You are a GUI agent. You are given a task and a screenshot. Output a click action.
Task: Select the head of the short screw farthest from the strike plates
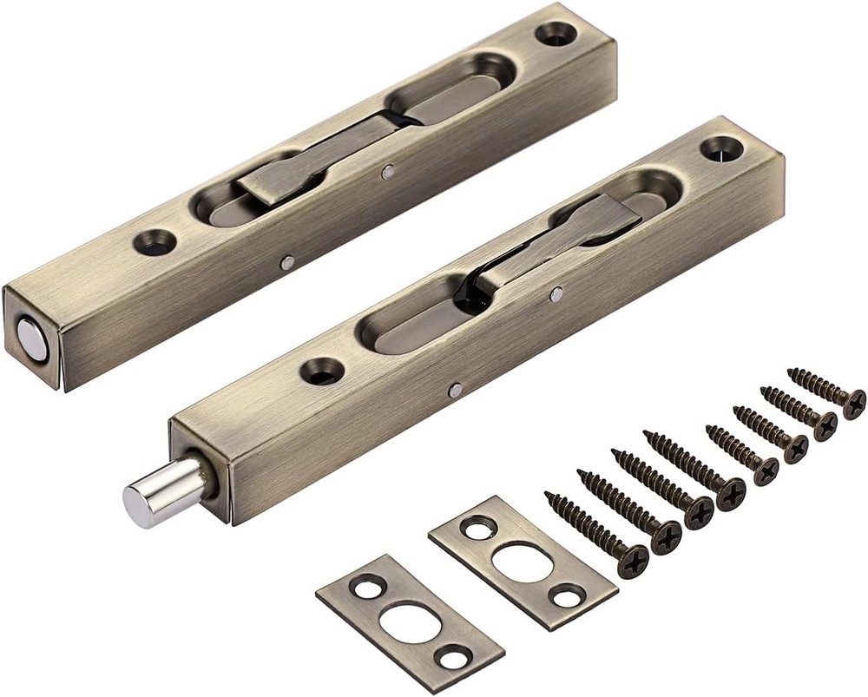(854, 403)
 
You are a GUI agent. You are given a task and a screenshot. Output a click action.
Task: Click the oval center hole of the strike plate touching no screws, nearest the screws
(519, 556)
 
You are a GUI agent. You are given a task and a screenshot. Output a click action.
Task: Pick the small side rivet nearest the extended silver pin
(454, 391)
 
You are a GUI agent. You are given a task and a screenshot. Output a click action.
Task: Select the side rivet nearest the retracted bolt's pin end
(286, 260)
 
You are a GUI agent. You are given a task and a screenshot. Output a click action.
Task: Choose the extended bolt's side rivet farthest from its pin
(556, 295)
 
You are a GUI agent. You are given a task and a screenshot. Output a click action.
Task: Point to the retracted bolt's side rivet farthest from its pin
(388, 173)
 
